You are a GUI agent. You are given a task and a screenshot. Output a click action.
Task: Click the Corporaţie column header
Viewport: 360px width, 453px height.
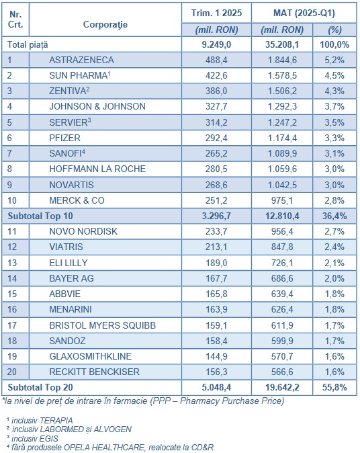tap(105, 25)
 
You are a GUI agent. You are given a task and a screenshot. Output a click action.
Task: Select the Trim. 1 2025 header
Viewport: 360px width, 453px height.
tap(216, 13)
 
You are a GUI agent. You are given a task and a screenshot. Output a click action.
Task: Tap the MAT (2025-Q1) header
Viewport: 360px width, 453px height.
tap(304, 13)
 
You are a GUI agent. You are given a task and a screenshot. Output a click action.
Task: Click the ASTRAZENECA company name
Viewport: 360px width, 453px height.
tap(81, 60)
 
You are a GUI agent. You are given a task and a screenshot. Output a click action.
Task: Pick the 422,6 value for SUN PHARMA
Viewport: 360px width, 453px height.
tap(216, 75)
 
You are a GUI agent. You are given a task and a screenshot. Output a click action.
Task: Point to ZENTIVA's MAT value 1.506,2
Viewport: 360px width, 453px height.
tap(282, 91)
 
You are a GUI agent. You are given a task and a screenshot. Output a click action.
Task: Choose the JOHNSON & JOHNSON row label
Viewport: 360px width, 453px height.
tap(97, 107)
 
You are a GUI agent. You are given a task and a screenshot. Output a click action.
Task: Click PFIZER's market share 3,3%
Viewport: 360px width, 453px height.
tap(334, 138)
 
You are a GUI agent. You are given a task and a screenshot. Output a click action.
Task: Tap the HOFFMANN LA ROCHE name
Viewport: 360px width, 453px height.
tap(97, 169)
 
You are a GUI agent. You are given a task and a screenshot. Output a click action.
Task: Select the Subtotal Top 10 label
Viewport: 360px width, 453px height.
tap(40, 216)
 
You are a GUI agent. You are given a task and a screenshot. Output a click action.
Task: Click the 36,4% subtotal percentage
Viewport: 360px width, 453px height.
tap(334, 216)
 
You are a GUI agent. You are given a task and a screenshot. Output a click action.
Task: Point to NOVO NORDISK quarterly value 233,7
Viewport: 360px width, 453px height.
tap(216, 231)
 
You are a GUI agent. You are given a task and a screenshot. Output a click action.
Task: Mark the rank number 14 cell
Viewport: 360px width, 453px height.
tap(12, 278)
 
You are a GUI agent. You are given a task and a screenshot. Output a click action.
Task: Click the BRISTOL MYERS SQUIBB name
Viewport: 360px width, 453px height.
tap(103, 325)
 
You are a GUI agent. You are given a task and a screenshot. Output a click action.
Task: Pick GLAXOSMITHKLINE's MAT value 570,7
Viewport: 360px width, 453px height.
tap(282, 356)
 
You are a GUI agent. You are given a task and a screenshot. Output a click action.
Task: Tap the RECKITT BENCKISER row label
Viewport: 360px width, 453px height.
tap(94, 372)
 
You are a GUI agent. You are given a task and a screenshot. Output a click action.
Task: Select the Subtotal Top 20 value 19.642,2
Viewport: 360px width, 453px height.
tap(282, 387)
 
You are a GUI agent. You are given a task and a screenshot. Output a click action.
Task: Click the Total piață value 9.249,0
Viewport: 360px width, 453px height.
tap(216, 45)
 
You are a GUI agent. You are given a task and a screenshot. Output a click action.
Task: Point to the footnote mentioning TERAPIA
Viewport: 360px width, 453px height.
tap(40, 420)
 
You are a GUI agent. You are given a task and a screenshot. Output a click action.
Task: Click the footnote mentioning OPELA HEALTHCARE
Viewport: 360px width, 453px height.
tap(110, 448)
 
